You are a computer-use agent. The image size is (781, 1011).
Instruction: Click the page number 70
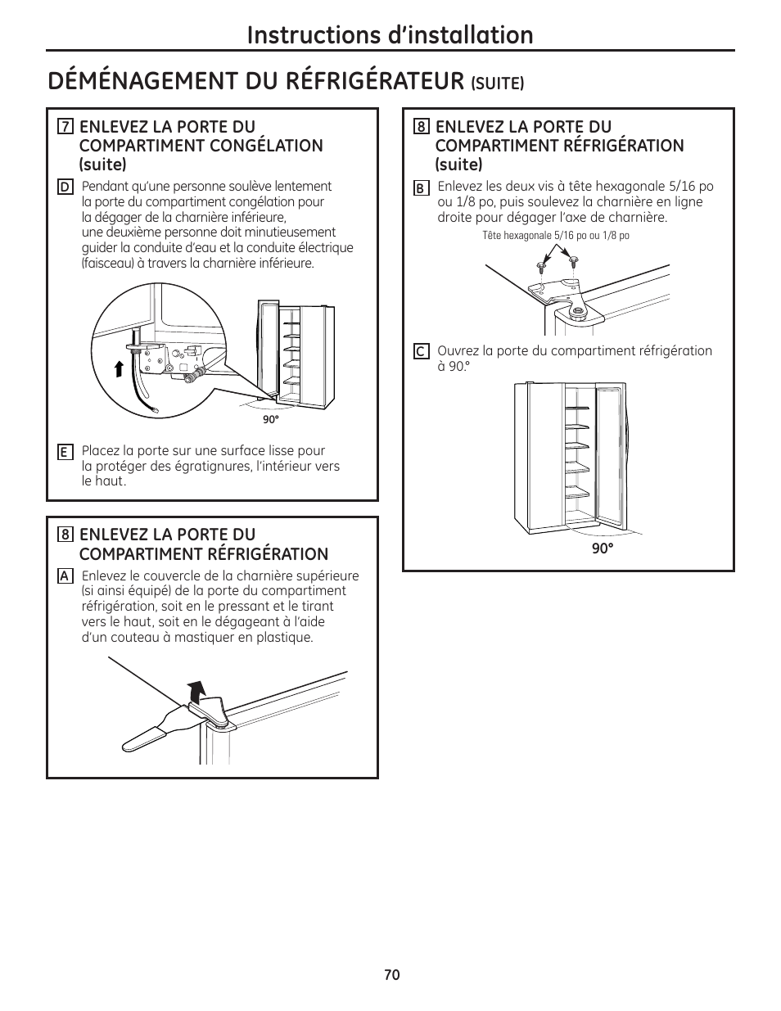(391, 974)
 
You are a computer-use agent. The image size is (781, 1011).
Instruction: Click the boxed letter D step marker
(64, 187)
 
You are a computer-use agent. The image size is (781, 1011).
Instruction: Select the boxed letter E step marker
(64, 452)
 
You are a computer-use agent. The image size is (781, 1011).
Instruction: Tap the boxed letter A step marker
(64, 575)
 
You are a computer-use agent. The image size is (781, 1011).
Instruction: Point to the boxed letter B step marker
(420, 188)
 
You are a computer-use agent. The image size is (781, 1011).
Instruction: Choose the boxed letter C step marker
(420, 352)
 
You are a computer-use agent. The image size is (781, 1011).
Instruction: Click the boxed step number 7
(65, 127)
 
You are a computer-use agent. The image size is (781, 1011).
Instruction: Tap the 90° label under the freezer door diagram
(270, 418)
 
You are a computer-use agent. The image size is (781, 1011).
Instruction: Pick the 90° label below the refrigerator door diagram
(603, 548)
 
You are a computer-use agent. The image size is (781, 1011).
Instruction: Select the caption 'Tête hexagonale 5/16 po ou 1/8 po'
(556, 236)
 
